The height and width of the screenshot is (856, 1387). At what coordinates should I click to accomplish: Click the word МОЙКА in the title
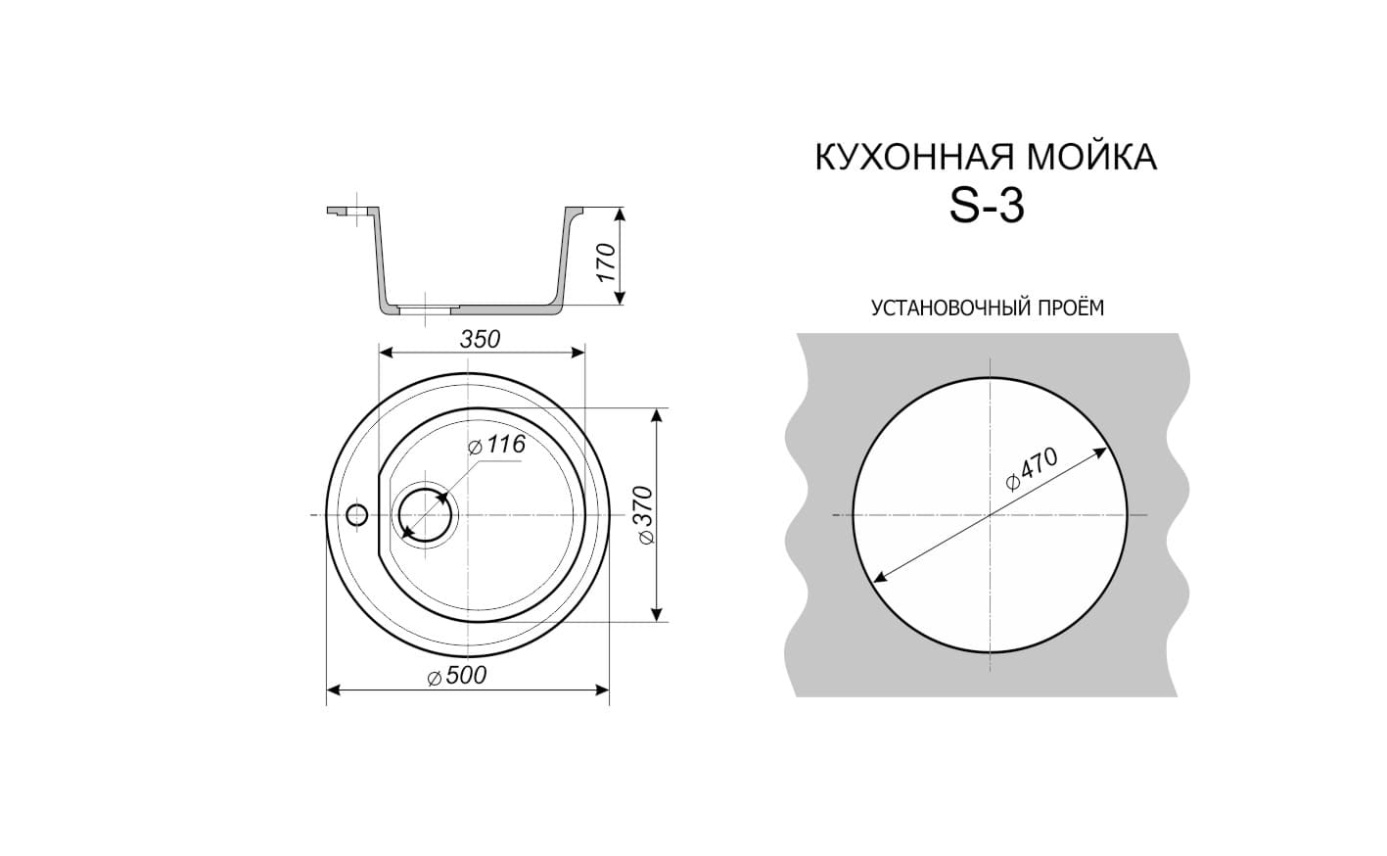pyautogui.click(x=1092, y=158)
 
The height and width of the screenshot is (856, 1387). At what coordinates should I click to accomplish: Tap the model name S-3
pyautogui.click(x=987, y=207)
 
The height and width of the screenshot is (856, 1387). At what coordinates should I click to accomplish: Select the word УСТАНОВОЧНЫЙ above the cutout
pyautogui.click(x=949, y=308)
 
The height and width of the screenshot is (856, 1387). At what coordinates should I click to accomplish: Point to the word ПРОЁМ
pyautogui.click(x=1069, y=308)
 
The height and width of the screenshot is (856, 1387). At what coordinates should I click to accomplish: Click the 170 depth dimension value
pyautogui.click(x=606, y=262)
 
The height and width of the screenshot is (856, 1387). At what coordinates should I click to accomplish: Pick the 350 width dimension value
pyautogui.click(x=480, y=340)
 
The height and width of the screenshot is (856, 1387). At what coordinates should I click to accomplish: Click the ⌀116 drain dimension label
pyautogui.click(x=496, y=444)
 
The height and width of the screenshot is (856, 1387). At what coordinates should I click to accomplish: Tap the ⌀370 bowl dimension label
pyautogui.click(x=645, y=515)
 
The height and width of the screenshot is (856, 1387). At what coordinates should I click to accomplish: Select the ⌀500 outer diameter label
pyautogui.click(x=457, y=676)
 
